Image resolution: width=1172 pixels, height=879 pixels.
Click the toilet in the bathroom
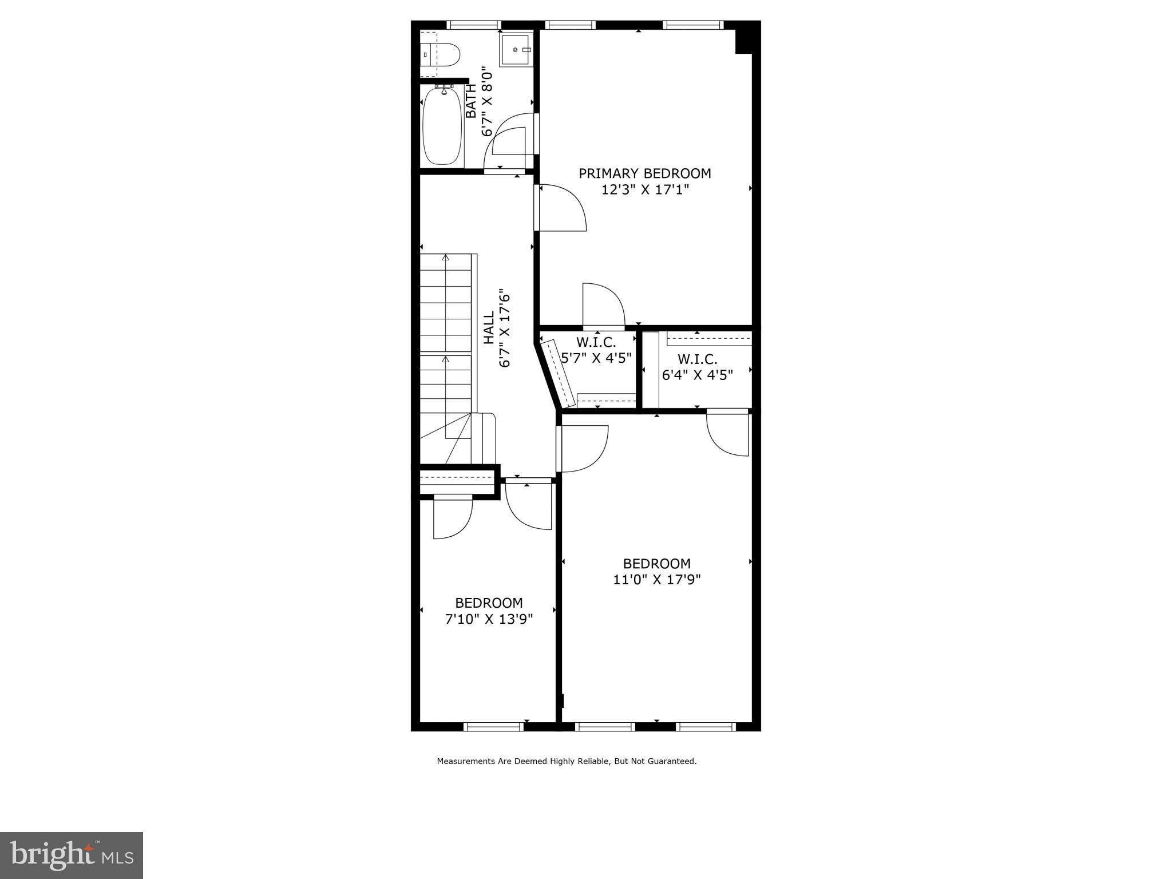441,55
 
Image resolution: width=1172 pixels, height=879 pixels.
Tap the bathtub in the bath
442,126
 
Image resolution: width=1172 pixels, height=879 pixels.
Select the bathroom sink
516,50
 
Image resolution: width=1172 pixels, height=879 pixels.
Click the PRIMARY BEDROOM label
645,173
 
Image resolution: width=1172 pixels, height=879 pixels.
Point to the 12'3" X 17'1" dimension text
645,189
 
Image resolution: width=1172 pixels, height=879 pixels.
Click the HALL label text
489,328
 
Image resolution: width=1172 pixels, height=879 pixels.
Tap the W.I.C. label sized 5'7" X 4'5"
596,343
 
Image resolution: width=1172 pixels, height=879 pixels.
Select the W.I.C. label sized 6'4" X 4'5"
698,359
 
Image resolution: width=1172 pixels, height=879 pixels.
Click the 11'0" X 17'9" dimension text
657,580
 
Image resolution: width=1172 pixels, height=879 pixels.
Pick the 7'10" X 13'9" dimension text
489,619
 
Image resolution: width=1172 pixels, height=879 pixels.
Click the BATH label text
471,101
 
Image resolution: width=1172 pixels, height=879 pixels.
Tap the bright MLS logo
72,856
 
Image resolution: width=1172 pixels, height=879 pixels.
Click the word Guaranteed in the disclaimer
672,761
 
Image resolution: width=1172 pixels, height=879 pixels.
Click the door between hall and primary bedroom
561,208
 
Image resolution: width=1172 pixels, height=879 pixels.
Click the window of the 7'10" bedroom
493,727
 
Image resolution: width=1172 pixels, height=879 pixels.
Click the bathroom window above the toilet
473,25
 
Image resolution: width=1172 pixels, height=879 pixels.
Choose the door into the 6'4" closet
728,433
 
